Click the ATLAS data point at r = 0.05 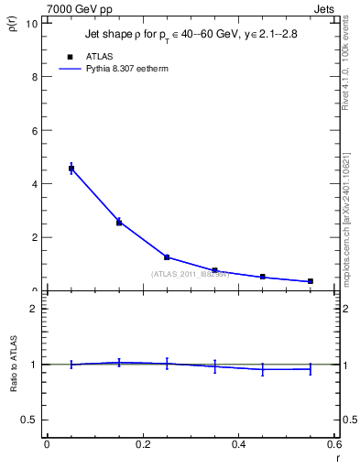tap(71, 169)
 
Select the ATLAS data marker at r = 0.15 tap(119, 223)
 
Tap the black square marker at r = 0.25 tap(167, 257)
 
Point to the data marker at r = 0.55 tap(311, 281)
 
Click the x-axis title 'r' tap(337, 458)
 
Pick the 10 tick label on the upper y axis tap(31, 23)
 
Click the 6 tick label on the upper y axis tap(34, 130)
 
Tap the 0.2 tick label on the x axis tap(143, 444)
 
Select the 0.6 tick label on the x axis tap(334, 444)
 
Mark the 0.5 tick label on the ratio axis tap(29, 419)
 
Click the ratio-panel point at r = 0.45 tap(263, 369)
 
